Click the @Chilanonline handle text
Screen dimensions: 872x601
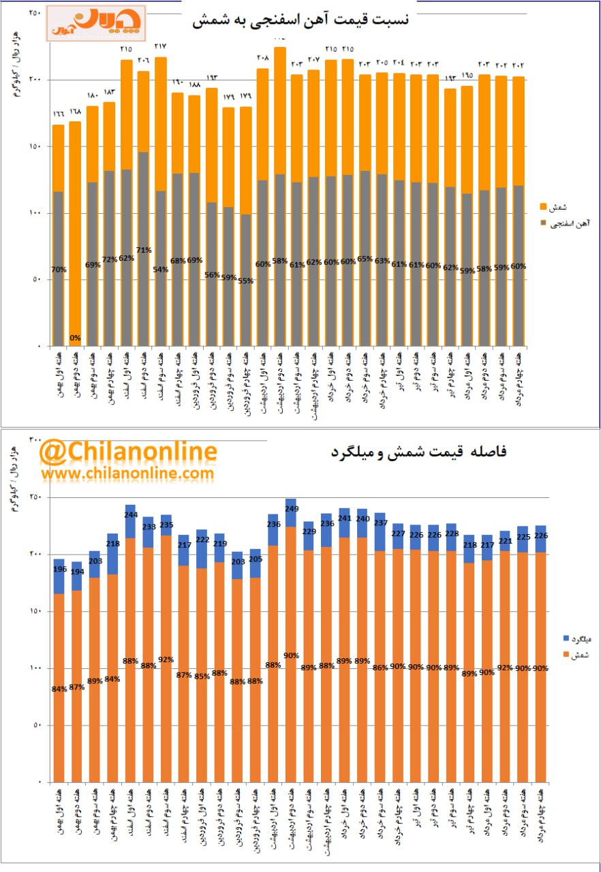(128, 452)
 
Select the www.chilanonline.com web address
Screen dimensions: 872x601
(127, 472)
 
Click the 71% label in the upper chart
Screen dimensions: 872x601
(143, 249)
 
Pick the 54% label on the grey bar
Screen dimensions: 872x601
(161, 269)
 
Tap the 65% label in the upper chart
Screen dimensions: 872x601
(365, 259)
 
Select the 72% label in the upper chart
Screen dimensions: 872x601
(109, 259)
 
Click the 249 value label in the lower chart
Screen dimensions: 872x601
(291, 509)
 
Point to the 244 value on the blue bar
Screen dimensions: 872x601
(130, 515)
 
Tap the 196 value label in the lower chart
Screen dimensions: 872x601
(59, 570)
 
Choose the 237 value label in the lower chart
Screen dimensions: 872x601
(380, 523)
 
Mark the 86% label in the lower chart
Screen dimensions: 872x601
(380, 668)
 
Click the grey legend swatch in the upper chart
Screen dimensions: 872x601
(543, 223)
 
